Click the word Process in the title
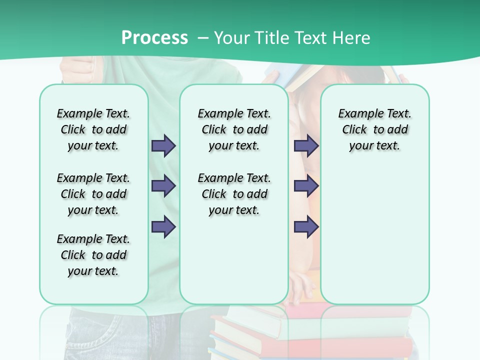(x=154, y=38)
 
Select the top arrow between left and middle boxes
(x=163, y=145)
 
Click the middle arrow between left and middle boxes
(x=163, y=186)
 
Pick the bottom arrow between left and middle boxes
(x=163, y=226)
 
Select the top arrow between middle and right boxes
(x=306, y=145)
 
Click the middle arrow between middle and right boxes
(x=306, y=186)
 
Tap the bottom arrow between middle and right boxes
(x=306, y=226)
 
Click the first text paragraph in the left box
(x=93, y=129)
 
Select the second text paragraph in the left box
(x=93, y=194)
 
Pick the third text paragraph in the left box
(x=93, y=255)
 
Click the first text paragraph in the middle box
(x=234, y=129)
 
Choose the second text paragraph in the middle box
(x=234, y=194)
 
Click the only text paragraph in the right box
(x=374, y=129)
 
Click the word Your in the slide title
(x=231, y=38)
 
